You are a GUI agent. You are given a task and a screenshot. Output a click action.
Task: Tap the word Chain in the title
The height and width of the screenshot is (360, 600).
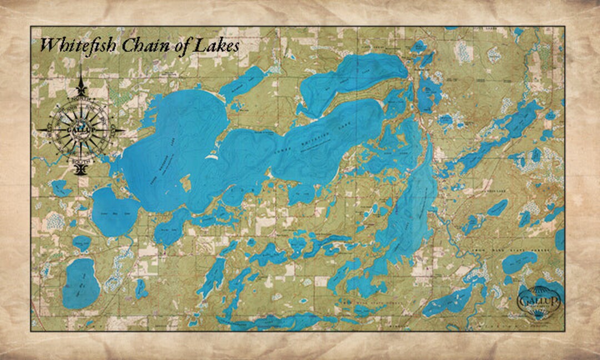point(128,45)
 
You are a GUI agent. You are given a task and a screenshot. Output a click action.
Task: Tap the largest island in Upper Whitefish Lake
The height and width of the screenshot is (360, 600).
point(184,183)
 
